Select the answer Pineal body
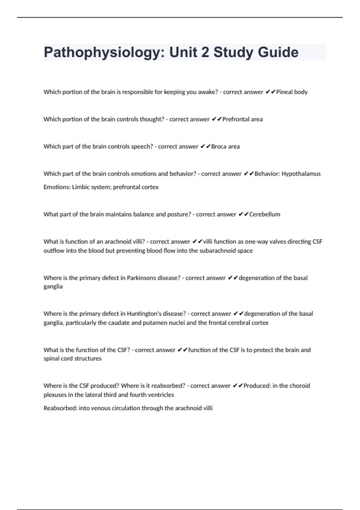click(292, 92)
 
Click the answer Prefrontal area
click(242, 119)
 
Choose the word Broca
click(218, 147)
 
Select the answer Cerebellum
click(265, 214)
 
